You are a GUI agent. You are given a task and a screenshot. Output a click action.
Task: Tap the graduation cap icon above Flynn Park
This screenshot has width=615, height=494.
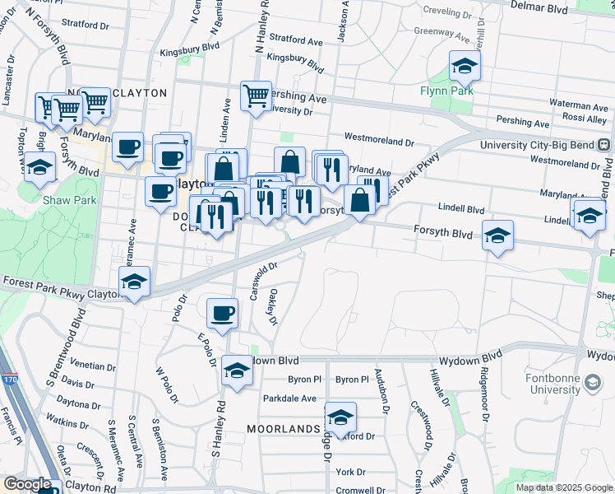click(x=465, y=65)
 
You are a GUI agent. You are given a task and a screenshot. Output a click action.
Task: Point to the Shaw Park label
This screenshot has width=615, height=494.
click(x=70, y=199)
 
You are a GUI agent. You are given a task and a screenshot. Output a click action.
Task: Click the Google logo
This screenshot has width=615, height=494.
click(x=26, y=484)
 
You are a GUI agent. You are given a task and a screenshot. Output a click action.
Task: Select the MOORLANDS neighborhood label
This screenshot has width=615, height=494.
click(x=283, y=429)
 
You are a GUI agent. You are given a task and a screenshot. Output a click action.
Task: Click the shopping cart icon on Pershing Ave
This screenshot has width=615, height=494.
click(x=256, y=95)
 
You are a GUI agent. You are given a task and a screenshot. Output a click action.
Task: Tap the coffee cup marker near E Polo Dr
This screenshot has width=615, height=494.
click(x=222, y=312)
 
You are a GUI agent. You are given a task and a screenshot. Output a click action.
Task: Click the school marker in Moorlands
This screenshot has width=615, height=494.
click(x=340, y=417)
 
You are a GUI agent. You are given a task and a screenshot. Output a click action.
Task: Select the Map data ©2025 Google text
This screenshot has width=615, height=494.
click(x=563, y=487)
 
